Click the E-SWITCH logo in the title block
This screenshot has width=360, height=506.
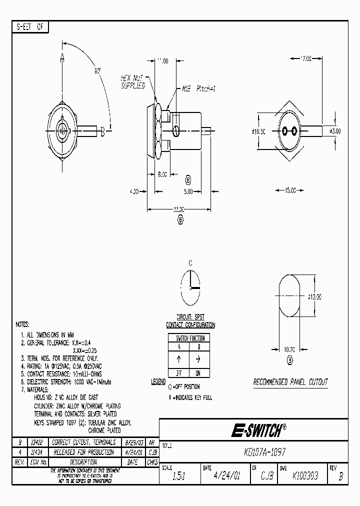258,429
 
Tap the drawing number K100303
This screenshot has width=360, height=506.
306,476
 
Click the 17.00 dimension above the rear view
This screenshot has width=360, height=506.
305,58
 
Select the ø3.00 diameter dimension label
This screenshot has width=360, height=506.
335,131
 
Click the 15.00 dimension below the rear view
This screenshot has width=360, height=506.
290,190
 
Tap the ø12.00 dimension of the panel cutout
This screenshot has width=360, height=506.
314,296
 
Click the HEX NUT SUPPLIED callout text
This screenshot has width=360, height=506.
132,81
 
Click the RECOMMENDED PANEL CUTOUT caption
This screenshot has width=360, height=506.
290,382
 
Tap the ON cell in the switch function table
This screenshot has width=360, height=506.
198,373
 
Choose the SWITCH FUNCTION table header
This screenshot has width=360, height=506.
189,338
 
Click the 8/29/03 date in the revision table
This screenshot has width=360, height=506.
134,442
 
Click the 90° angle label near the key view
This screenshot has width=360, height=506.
97,71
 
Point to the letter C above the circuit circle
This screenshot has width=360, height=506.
190,263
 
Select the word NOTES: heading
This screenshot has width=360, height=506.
22,324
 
